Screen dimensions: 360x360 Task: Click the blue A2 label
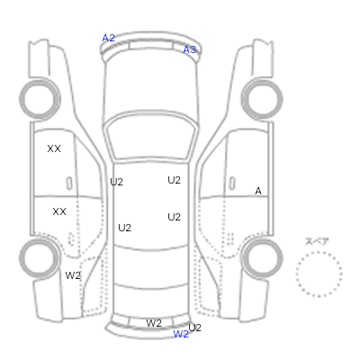click(x=108, y=38)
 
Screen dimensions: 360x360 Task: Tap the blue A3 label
click(x=190, y=49)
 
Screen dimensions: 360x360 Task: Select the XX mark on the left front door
click(x=54, y=148)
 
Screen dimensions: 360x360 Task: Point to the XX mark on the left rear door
click(x=59, y=211)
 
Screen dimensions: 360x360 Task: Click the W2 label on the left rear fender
click(x=73, y=275)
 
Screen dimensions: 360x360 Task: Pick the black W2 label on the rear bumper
click(x=154, y=323)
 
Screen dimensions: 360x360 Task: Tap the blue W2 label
click(x=181, y=334)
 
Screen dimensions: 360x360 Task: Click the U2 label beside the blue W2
click(x=195, y=328)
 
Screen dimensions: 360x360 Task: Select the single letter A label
click(x=258, y=191)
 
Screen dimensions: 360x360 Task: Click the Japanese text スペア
click(x=317, y=241)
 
